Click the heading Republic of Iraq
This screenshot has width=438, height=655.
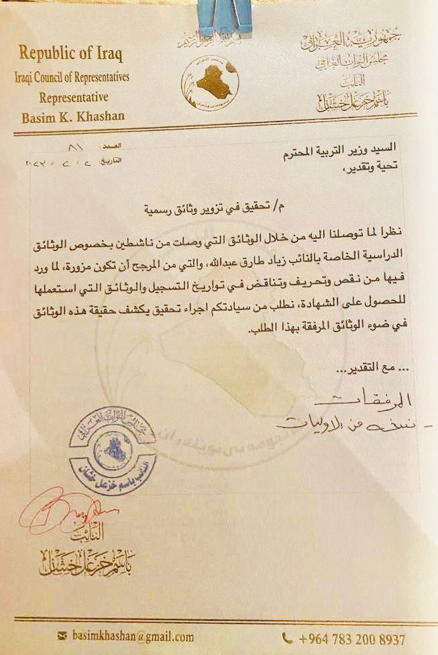coord(70,52)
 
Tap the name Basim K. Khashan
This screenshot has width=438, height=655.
coord(73,117)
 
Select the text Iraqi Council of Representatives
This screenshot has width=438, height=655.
coord(72,77)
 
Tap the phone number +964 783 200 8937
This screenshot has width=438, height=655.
coord(351,638)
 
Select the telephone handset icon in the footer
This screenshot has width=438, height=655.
coord(288,638)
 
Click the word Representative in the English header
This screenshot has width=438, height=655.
coord(72,97)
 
